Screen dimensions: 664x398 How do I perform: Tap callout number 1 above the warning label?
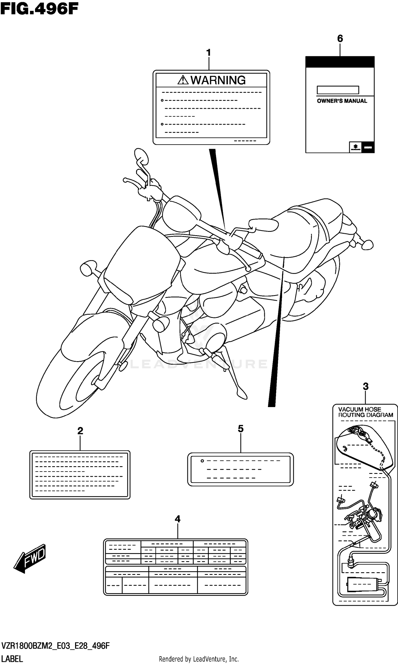pos(209,53)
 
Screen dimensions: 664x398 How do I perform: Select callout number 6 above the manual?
pos(340,39)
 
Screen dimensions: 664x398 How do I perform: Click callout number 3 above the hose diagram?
pos(366,386)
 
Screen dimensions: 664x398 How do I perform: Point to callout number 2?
pos(80,431)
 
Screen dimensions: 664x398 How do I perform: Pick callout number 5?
pos(241,429)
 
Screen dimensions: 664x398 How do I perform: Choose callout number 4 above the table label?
pos(178,519)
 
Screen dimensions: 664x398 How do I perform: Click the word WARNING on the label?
pos(218,80)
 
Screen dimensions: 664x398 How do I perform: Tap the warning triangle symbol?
pos(183,80)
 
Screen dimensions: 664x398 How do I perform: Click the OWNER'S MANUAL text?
pos(342,101)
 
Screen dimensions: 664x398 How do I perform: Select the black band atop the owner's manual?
pos(340,62)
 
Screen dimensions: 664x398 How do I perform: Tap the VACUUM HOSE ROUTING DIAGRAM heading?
pos(365,412)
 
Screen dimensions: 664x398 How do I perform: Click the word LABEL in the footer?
pos(12,659)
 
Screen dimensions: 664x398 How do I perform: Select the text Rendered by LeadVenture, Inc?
pos(199,659)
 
